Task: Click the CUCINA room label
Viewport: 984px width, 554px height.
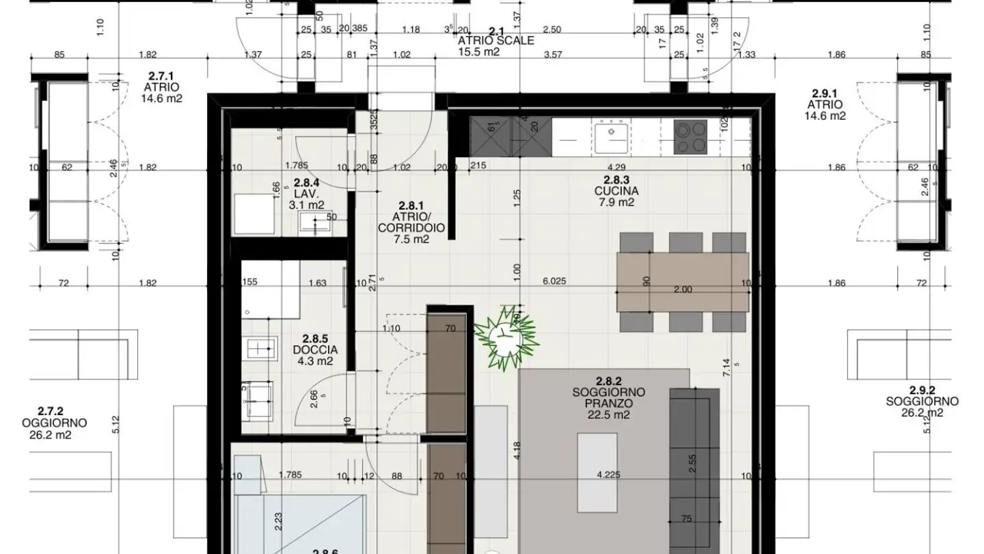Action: (616, 191)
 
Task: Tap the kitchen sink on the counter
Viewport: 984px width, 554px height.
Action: (611, 137)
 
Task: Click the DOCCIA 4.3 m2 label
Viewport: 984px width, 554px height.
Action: (315, 349)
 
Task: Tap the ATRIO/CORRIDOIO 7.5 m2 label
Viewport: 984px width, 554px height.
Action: (411, 222)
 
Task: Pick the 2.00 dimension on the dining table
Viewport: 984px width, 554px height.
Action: (683, 289)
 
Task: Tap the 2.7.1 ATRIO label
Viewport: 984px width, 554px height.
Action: (161, 88)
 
